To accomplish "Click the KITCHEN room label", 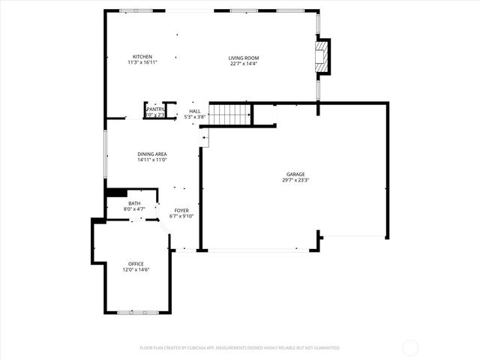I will point(142,57).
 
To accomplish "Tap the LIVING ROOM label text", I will point(244,57).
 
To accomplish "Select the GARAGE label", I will point(294,174).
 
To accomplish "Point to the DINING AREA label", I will point(151,154).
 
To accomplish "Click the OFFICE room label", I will point(136,263).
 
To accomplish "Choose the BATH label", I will point(133,203).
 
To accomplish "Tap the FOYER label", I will point(182,210).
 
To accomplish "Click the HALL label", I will point(194,111).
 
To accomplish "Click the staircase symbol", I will point(229,115).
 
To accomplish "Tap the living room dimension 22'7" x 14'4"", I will point(244,64).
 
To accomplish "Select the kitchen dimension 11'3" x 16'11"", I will point(142,64).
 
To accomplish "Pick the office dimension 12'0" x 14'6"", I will point(136,270).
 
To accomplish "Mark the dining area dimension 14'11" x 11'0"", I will point(151,160).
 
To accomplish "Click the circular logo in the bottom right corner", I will point(410,347).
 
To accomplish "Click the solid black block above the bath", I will point(116,193).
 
